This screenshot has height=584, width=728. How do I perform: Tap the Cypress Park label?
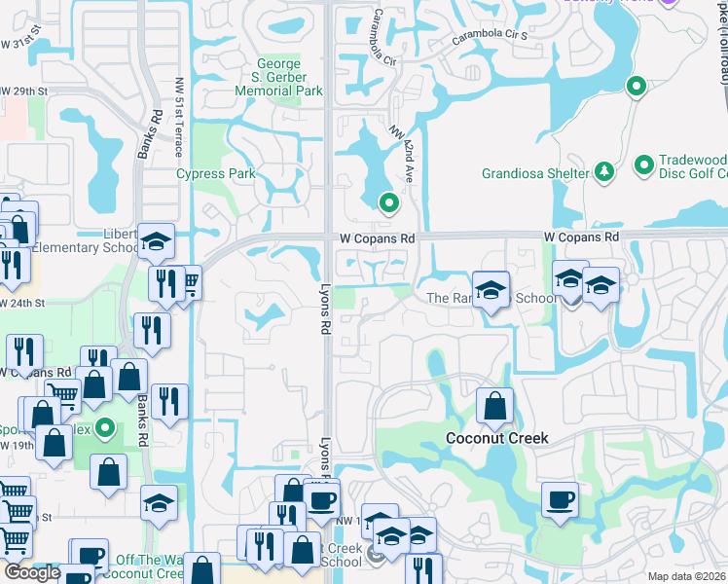[215, 174]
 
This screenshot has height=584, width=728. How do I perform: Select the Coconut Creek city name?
[496, 438]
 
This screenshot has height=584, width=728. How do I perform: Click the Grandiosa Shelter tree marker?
[603, 172]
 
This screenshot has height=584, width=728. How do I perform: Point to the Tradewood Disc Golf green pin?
[643, 166]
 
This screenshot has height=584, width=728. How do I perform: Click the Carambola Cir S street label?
[491, 39]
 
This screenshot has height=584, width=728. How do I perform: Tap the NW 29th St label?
[23, 91]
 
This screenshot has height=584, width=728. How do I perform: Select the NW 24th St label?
[23, 303]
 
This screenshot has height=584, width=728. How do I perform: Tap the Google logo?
[31, 572]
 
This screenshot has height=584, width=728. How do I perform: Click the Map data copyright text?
[687, 576]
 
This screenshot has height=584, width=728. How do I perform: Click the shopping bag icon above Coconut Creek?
[494, 405]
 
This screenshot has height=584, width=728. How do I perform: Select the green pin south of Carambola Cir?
[389, 202]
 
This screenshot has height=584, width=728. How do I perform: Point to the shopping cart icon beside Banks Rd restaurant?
[188, 281]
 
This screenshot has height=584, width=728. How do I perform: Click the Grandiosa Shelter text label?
[534, 174]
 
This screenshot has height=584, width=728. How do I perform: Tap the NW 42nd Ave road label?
[403, 151]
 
